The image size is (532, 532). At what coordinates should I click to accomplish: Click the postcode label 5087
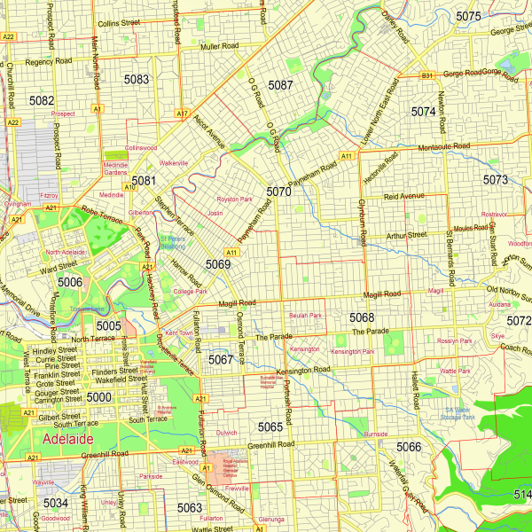(x=280, y=85)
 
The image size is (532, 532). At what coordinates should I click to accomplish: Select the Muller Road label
(x=221, y=45)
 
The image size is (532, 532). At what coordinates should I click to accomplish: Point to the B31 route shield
(x=426, y=75)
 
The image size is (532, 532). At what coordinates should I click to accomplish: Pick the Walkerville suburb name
(x=174, y=163)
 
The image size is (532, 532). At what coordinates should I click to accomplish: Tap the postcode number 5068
(x=362, y=317)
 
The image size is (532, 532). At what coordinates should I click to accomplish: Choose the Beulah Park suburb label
(x=306, y=315)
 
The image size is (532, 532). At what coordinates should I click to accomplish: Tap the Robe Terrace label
(x=99, y=213)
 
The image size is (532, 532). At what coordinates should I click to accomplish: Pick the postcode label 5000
(x=99, y=397)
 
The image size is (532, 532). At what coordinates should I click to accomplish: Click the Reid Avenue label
(x=405, y=195)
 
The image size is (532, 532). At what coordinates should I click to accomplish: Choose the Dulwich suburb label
(x=227, y=433)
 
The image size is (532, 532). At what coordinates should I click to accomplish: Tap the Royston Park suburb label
(x=235, y=199)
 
